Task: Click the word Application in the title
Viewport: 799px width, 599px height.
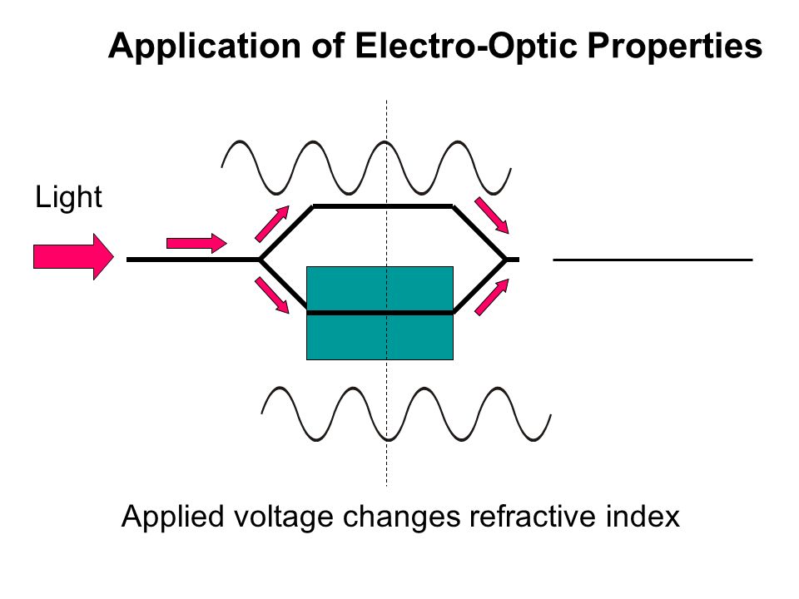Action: click(x=205, y=47)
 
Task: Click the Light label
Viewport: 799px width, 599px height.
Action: click(x=68, y=196)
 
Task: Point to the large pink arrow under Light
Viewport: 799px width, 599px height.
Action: click(x=74, y=256)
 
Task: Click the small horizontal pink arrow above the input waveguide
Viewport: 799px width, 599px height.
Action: click(x=196, y=243)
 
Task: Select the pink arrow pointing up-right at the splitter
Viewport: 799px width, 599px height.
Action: click(x=272, y=224)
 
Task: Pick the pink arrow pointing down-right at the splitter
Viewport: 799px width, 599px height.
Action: click(x=272, y=295)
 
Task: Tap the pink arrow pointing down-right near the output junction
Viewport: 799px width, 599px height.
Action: click(x=492, y=215)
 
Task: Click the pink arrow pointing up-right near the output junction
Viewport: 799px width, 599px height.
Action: click(x=492, y=297)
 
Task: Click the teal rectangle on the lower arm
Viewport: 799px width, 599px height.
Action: click(x=380, y=314)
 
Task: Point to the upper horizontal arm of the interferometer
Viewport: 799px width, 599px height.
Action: click(x=383, y=206)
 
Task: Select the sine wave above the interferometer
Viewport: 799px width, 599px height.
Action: click(x=366, y=167)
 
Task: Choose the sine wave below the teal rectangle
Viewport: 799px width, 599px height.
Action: click(x=406, y=414)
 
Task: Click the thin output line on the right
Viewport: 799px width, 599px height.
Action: click(x=653, y=260)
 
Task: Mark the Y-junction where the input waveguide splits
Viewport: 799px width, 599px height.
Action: click(x=260, y=260)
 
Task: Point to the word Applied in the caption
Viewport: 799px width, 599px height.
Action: click(x=173, y=517)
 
